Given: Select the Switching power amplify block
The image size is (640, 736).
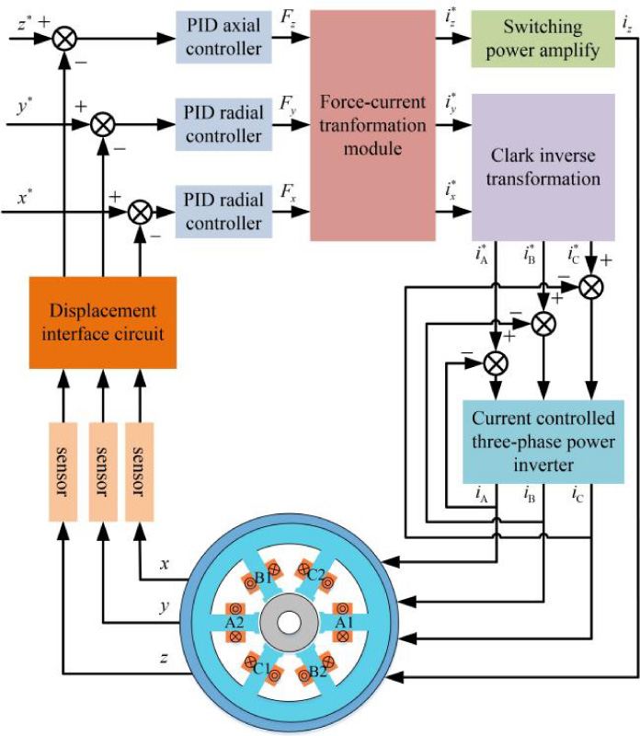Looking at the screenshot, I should pyautogui.click(x=541, y=37).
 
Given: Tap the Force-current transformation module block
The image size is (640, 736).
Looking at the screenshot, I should pyautogui.click(x=370, y=125).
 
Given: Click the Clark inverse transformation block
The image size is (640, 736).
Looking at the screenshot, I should pyautogui.click(x=543, y=167).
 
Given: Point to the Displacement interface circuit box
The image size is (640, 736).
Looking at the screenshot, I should pyautogui.click(x=102, y=320).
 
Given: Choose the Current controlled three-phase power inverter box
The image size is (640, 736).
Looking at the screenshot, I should pyautogui.click(x=543, y=441).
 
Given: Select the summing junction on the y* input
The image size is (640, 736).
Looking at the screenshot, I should pyautogui.click(x=103, y=124).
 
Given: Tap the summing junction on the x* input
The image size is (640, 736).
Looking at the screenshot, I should pyautogui.click(x=140, y=213).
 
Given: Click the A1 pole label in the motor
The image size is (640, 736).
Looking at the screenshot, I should pyautogui.click(x=342, y=622).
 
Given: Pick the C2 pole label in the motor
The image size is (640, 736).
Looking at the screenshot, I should pyautogui.click(x=317, y=577).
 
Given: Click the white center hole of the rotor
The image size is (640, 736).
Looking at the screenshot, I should pyautogui.click(x=288, y=622).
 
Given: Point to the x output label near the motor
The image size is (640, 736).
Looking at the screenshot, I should pyautogui.click(x=163, y=563).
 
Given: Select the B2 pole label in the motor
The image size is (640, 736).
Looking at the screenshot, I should pyautogui.click(x=317, y=669).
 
